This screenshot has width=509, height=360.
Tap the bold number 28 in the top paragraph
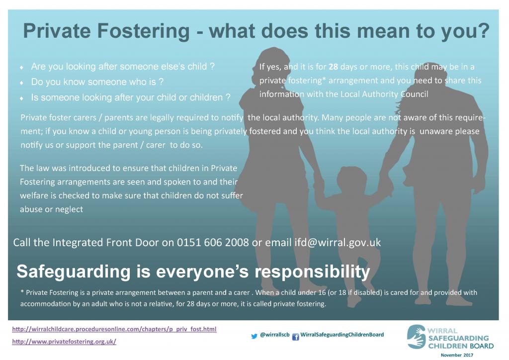[334, 67]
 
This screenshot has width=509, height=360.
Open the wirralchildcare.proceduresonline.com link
[114, 329]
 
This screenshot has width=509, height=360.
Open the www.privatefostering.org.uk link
[64, 342]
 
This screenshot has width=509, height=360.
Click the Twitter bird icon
[254, 336]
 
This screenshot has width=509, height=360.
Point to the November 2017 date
[457, 355]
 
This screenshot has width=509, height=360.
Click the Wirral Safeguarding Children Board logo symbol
[416, 337]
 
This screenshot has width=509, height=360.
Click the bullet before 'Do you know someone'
[21, 82]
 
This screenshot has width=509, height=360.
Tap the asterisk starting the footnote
[22, 293]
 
